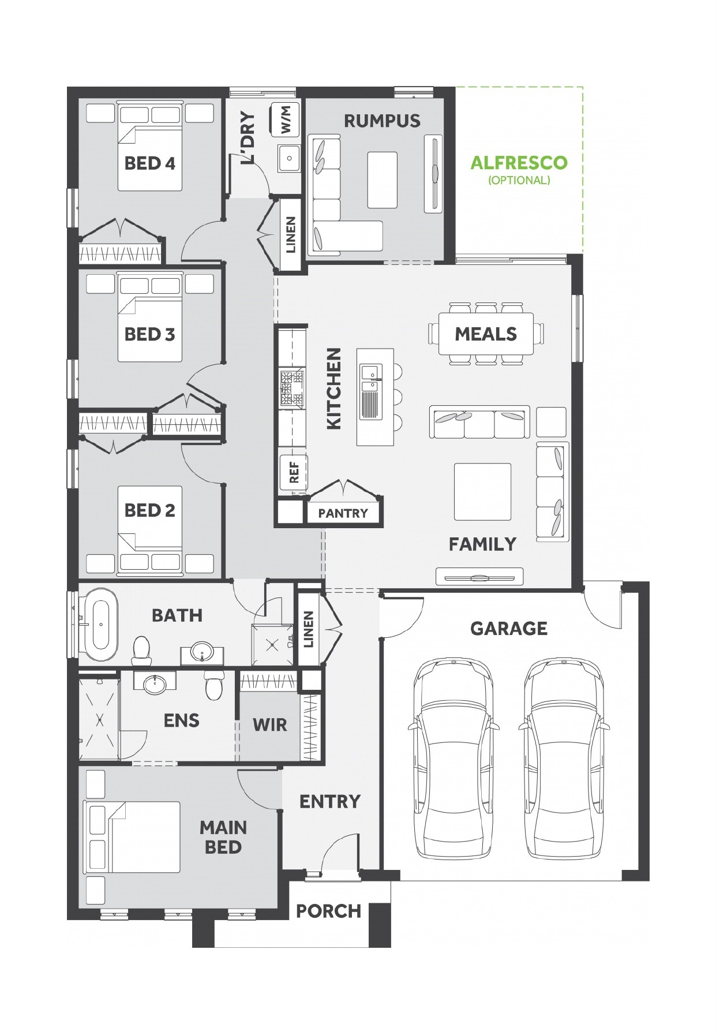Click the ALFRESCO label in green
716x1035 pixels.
[519, 163]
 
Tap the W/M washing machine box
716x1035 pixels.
[286, 119]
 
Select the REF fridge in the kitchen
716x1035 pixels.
[293, 472]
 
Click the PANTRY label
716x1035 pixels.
[343, 513]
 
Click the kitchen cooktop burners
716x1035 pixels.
[291, 388]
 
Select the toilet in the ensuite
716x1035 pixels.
[213, 686]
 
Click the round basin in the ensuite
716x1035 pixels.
[154, 685]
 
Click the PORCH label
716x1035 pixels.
[328, 911]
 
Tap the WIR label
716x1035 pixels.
[269, 724]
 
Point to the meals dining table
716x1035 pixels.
[486, 334]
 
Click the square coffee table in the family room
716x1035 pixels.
[482, 492]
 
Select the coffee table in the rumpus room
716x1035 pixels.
[382, 180]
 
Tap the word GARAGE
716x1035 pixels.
[509, 628]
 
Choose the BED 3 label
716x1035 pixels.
[149, 334]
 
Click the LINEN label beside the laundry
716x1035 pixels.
[291, 234]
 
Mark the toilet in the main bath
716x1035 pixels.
[141, 651]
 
